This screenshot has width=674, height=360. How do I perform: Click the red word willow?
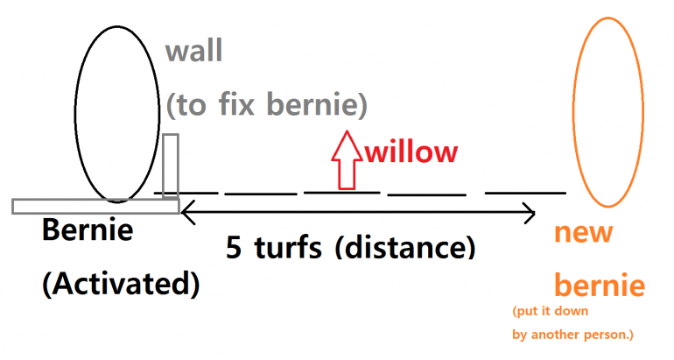(411, 152)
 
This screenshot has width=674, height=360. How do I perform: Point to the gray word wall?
(194, 52)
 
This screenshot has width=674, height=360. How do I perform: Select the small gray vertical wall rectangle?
(171, 167)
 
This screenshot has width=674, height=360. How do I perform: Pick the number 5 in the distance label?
(234, 248)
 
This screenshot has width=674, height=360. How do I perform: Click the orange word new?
(585, 234)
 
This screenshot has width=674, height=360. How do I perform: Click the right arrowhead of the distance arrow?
(528, 211)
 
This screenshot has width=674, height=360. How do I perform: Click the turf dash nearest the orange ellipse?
(525, 192)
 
